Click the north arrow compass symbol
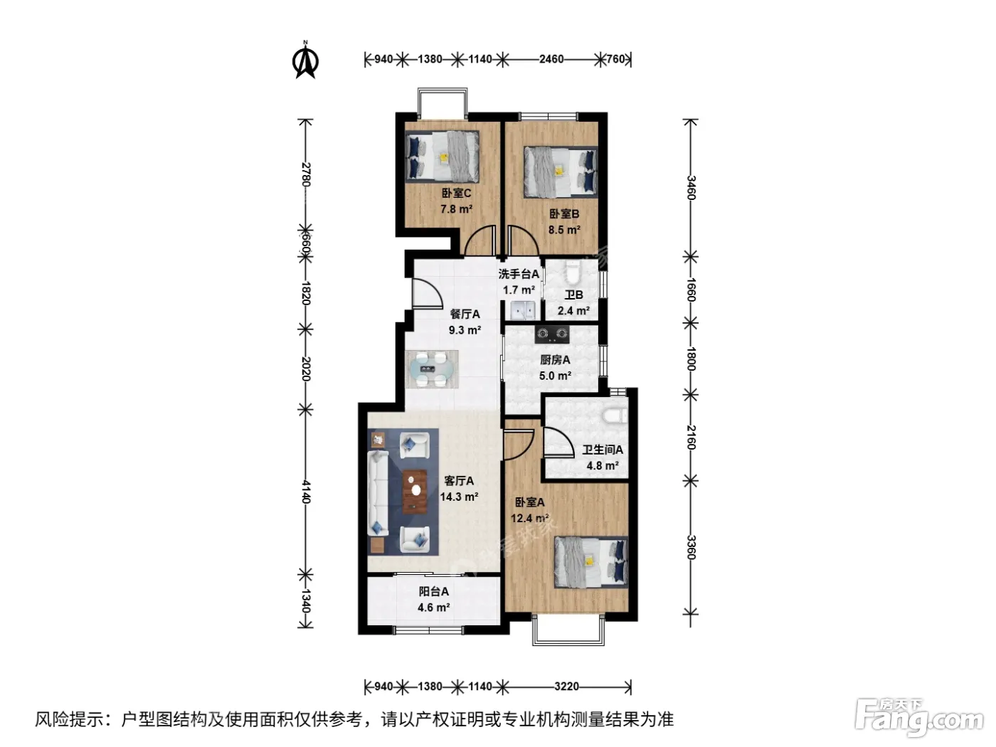tap(305, 60)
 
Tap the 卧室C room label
tap(456, 194)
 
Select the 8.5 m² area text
tap(564, 230)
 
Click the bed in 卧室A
tap(590, 562)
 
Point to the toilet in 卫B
tap(573, 272)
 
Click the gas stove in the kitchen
tap(552, 334)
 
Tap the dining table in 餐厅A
tap(431, 369)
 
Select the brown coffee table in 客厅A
tap(415, 492)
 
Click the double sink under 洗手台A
tap(523, 310)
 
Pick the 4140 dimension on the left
tap(306, 492)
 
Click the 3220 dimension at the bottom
tap(566, 687)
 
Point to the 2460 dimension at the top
tap(551, 59)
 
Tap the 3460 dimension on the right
tap(691, 188)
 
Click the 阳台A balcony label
tap(433, 591)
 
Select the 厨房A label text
tap(555, 360)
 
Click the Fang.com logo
tap(918, 719)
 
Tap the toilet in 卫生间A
tap(615, 415)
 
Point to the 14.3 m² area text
tap(459, 497)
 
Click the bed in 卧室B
tap(561, 172)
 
